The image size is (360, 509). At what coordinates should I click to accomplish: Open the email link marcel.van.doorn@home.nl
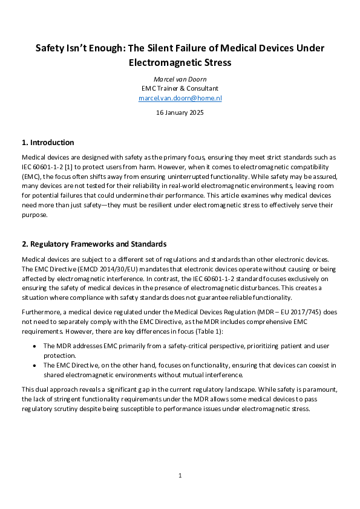click(180, 97)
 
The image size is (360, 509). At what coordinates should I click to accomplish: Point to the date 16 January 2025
click(180, 112)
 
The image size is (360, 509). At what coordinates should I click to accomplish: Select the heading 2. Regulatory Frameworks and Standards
click(94, 244)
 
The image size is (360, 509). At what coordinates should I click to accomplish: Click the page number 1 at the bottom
click(180, 476)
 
